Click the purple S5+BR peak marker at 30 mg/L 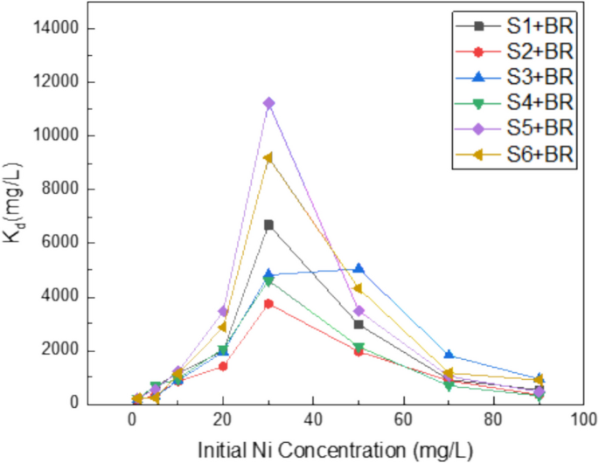(x=268, y=103)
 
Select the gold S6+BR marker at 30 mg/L (x=268, y=158)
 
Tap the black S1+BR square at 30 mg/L (x=268, y=225)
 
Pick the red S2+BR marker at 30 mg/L (x=268, y=303)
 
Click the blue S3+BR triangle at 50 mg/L (x=359, y=268)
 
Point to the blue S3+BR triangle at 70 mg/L (x=449, y=355)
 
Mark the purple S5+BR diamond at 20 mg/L (x=223, y=311)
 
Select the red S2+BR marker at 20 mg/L (x=223, y=366)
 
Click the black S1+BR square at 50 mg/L (x=359, y=324)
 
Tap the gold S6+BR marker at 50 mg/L (x=359, y=288)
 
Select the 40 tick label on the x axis (x=313, y=418)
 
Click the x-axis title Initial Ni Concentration (x=335, y=450)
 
